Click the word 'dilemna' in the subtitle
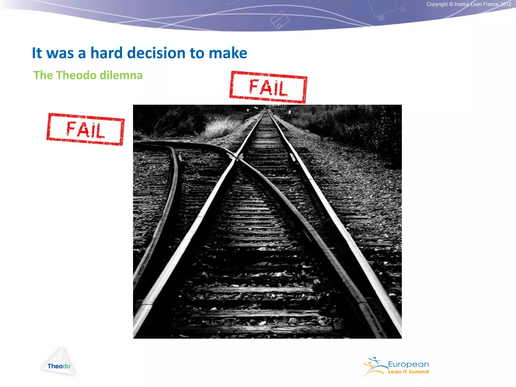121,75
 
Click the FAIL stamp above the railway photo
268,87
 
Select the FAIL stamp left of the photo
85,129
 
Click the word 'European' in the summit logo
408,364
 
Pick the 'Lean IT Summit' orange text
408,372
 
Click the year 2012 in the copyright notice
505,4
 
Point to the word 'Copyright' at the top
437,4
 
